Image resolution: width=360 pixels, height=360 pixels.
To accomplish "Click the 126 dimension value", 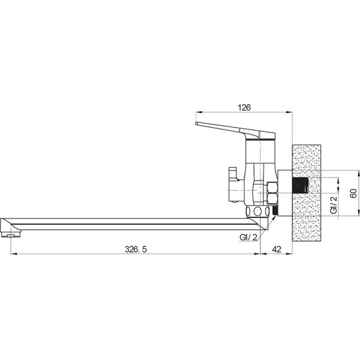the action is pyautogui.click(x=244, y=107).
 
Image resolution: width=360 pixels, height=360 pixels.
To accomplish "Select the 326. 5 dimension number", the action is pyautogui.click(x=135, y=249).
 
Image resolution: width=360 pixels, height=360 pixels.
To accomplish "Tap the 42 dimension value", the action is pyautogui.click(x=277, y=249).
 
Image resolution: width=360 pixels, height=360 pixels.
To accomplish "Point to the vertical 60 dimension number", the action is pyautogui.click(x=354, y=193).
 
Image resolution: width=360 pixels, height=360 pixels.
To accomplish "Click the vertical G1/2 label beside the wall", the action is pyautogui.click(x=334, y=205).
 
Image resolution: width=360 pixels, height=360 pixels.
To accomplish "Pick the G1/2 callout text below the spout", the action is pyautogui.click(x=248, y=237).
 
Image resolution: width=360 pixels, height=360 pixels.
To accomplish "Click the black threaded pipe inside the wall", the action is pyautogui.click(x=301, y=186).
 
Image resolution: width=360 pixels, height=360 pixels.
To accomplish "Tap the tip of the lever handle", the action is pyautogui.click(x=196, y=124).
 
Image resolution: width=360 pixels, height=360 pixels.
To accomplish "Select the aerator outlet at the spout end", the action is pyautogui.click(x=11, y=235).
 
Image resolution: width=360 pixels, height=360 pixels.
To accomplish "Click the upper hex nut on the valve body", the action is pyautogui.click(x=272, y=188).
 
